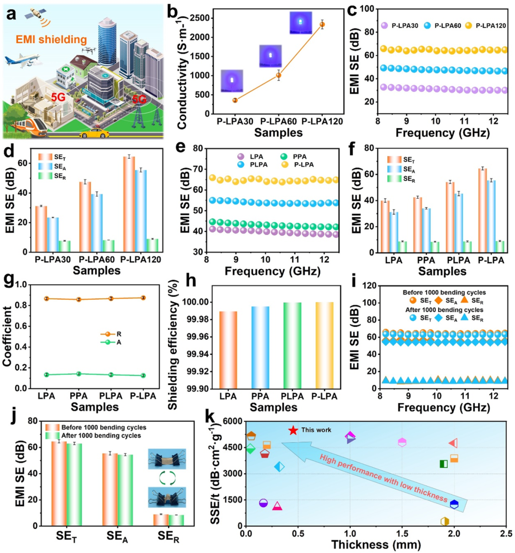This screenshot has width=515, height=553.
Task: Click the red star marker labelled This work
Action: pyautogui.click(x=293, y=430)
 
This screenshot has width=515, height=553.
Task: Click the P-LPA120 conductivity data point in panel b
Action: pyautogui.click(x=322, y=24)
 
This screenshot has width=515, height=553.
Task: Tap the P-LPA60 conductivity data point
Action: pyautogui.click(x=279, y=75)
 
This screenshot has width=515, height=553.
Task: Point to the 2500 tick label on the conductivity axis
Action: pyautogui.click(x=201, y=18)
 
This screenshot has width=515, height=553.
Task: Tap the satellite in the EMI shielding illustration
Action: pyautogui.click(x=36, y=14)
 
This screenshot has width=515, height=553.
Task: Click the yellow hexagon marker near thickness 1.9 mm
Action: pyautogui.click(x=444, y=522)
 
